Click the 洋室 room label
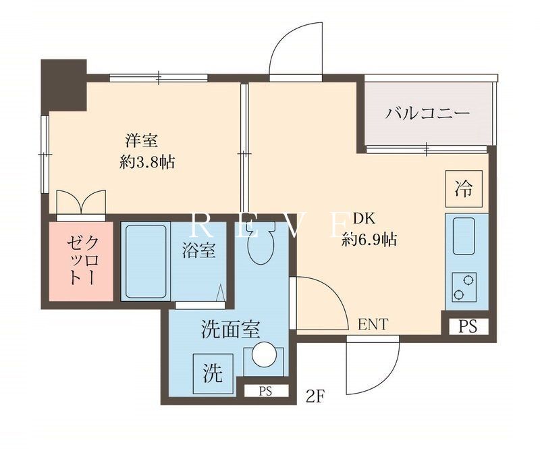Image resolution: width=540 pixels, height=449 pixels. tap(142, 141)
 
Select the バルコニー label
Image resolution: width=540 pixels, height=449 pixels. tap(427, 113)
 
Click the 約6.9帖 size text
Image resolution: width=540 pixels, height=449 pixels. tap(369, 240)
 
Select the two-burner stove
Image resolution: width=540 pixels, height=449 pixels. tap(464, 287)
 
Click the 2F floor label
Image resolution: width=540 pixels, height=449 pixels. tap(315, 396)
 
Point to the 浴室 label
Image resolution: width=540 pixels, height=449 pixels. tap(199, 250)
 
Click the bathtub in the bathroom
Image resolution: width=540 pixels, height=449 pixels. tap(146, 262)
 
